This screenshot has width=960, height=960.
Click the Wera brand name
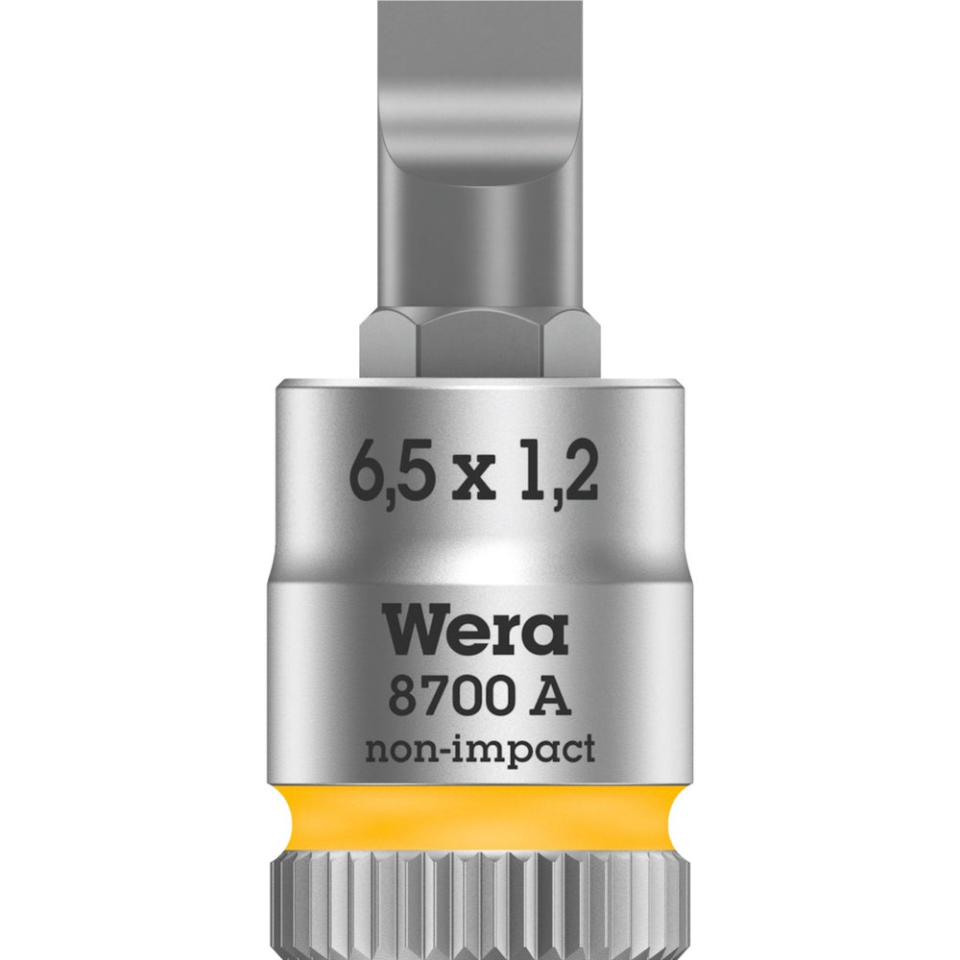(478, 631)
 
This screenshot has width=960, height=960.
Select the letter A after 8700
(553, 696)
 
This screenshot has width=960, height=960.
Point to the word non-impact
(479, 751)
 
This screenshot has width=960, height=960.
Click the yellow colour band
(480, 817)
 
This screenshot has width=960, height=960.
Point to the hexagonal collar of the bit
(480, 346)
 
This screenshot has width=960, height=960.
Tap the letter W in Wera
(416, 631)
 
